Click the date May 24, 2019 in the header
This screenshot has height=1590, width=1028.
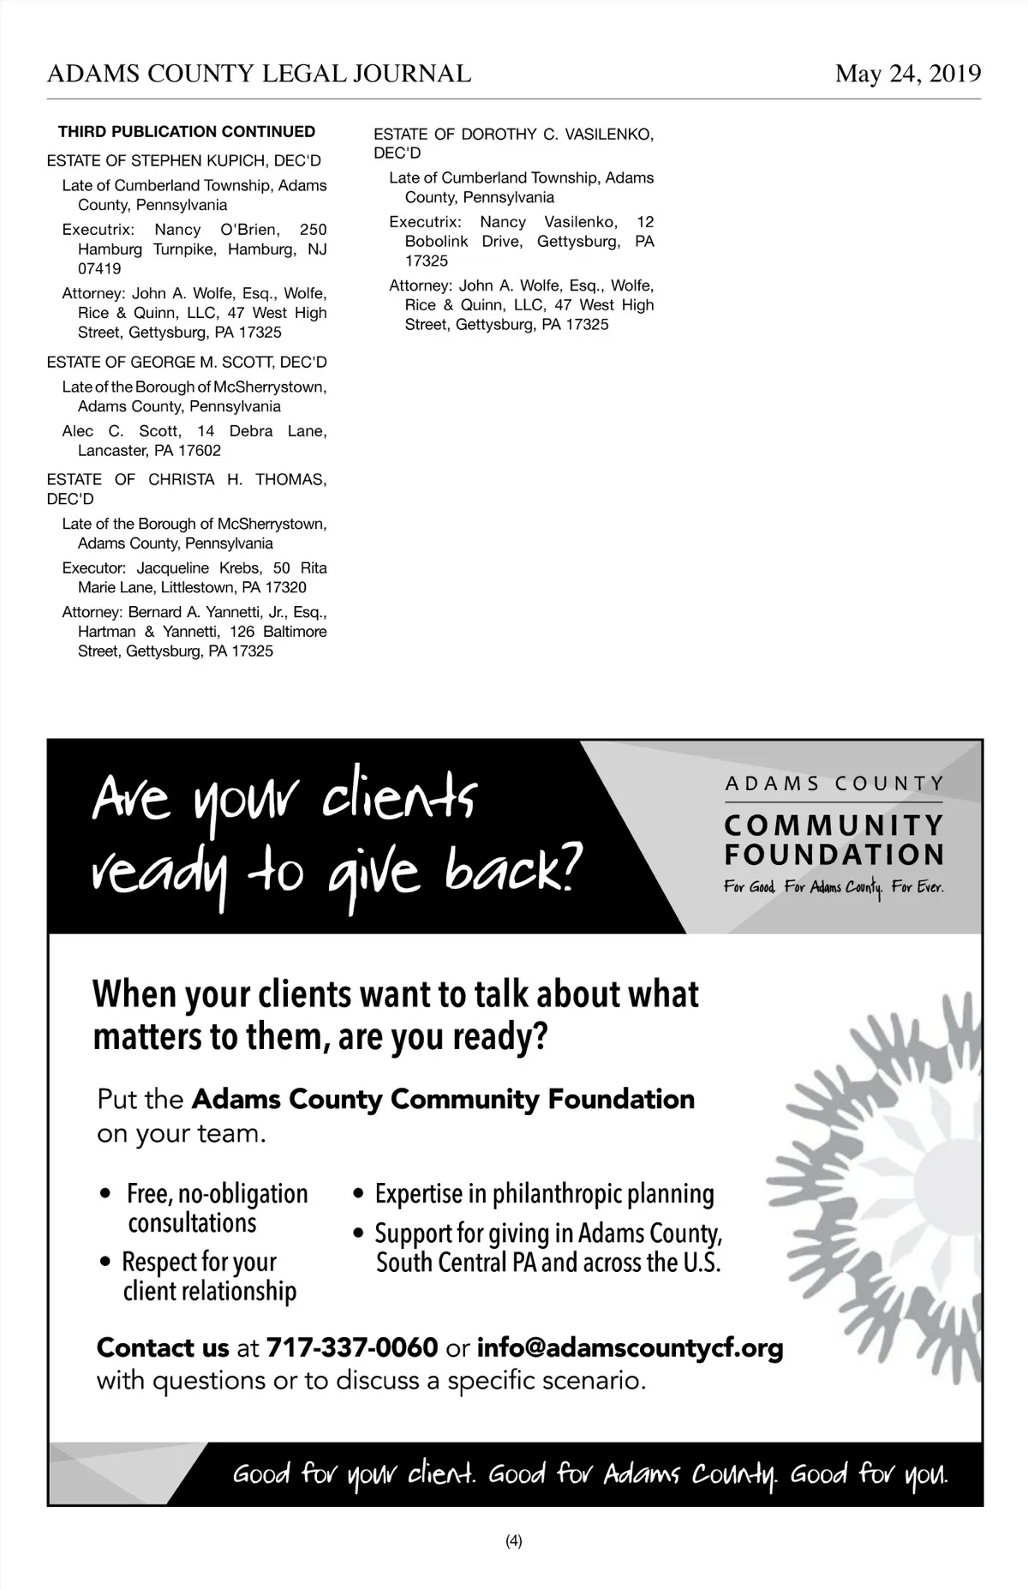click(x=908, y=75)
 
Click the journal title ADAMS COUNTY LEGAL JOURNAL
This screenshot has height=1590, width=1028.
click(x=259, y=75)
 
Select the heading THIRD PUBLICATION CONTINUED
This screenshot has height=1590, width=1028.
click(x=187, y=132)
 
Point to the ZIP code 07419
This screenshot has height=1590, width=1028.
click(x=99, y=268)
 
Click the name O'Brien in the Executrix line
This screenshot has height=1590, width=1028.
click(x=248, y=230)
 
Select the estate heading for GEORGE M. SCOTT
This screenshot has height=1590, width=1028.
click(x=187, y=363)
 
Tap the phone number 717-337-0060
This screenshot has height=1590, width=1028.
click(x=352, y=1347)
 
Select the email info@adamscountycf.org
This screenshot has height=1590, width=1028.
click(x=630, y=1347)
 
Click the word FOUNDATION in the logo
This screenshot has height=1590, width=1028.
click(x=834, y=855)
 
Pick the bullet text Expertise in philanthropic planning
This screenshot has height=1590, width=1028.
click(x=544, y=1194)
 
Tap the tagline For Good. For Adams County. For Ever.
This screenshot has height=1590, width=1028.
click(x=834, y=887)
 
